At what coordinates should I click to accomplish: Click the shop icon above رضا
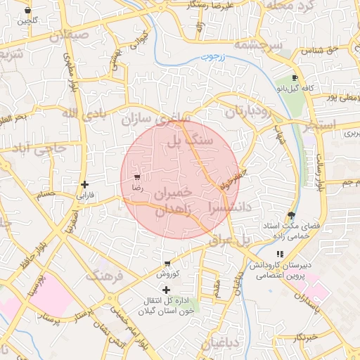tap(136, 178)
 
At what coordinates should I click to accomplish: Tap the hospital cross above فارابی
tap(84, 184)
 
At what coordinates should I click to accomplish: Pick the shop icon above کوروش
tap(167, 264)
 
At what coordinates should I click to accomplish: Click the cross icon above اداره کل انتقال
tap(166, 290)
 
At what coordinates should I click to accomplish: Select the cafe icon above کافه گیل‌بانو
tap(295, 78)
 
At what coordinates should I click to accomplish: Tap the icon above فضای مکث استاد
tap(291, 215)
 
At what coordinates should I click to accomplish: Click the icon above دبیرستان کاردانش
tap(280, 255)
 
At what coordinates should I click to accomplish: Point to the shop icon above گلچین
tap(27, 11)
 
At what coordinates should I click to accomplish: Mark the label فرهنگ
tap(104, 276)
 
